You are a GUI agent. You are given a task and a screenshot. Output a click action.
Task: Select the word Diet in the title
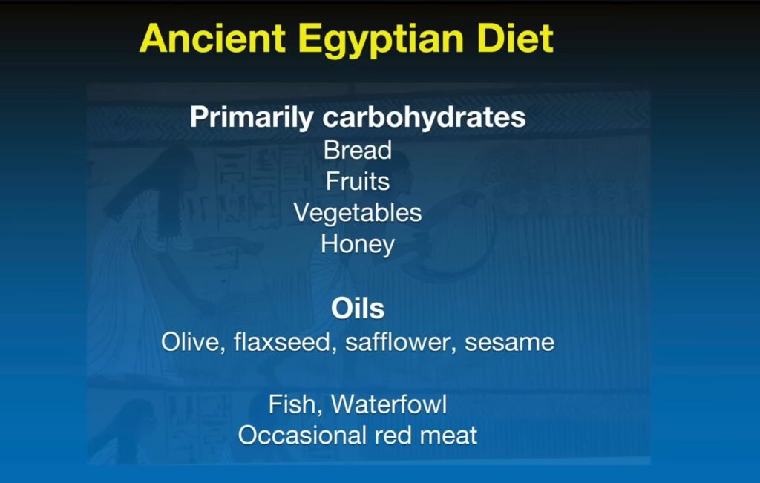point(515,39)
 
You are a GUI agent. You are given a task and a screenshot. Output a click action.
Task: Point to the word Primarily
point(252,118)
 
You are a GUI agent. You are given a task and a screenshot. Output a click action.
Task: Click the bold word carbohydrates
point(424,118)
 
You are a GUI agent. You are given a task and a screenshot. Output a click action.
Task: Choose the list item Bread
point(358,150)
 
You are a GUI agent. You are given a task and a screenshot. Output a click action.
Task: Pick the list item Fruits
point(358,182)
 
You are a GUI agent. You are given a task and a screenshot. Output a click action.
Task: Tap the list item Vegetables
point(358,214)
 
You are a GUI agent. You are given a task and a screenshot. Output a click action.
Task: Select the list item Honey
point(358,245)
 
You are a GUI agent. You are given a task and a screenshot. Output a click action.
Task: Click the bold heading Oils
point(358,309)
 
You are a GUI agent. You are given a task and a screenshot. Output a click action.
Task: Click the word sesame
point(509,343)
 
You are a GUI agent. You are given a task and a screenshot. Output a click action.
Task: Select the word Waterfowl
point(389,404)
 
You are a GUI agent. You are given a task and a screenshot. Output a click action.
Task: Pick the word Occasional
point(301,435)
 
